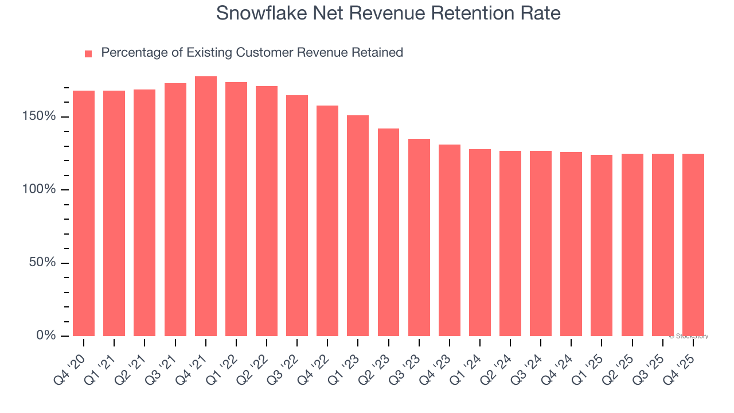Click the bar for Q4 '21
tap(206, 206)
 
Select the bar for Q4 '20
tap(84, 213)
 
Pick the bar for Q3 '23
tap(419, 237)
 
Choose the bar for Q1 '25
tap(602, 246)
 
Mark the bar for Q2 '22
tap(267, 211)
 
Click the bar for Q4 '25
tap(693, 245)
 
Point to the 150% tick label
tap(40, 116)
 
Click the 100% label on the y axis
tap(40, 189)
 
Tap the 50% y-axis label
tap(43, 262)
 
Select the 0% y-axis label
tap(46, 335)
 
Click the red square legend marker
tap(88, 54)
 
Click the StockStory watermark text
tap(689, 336)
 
